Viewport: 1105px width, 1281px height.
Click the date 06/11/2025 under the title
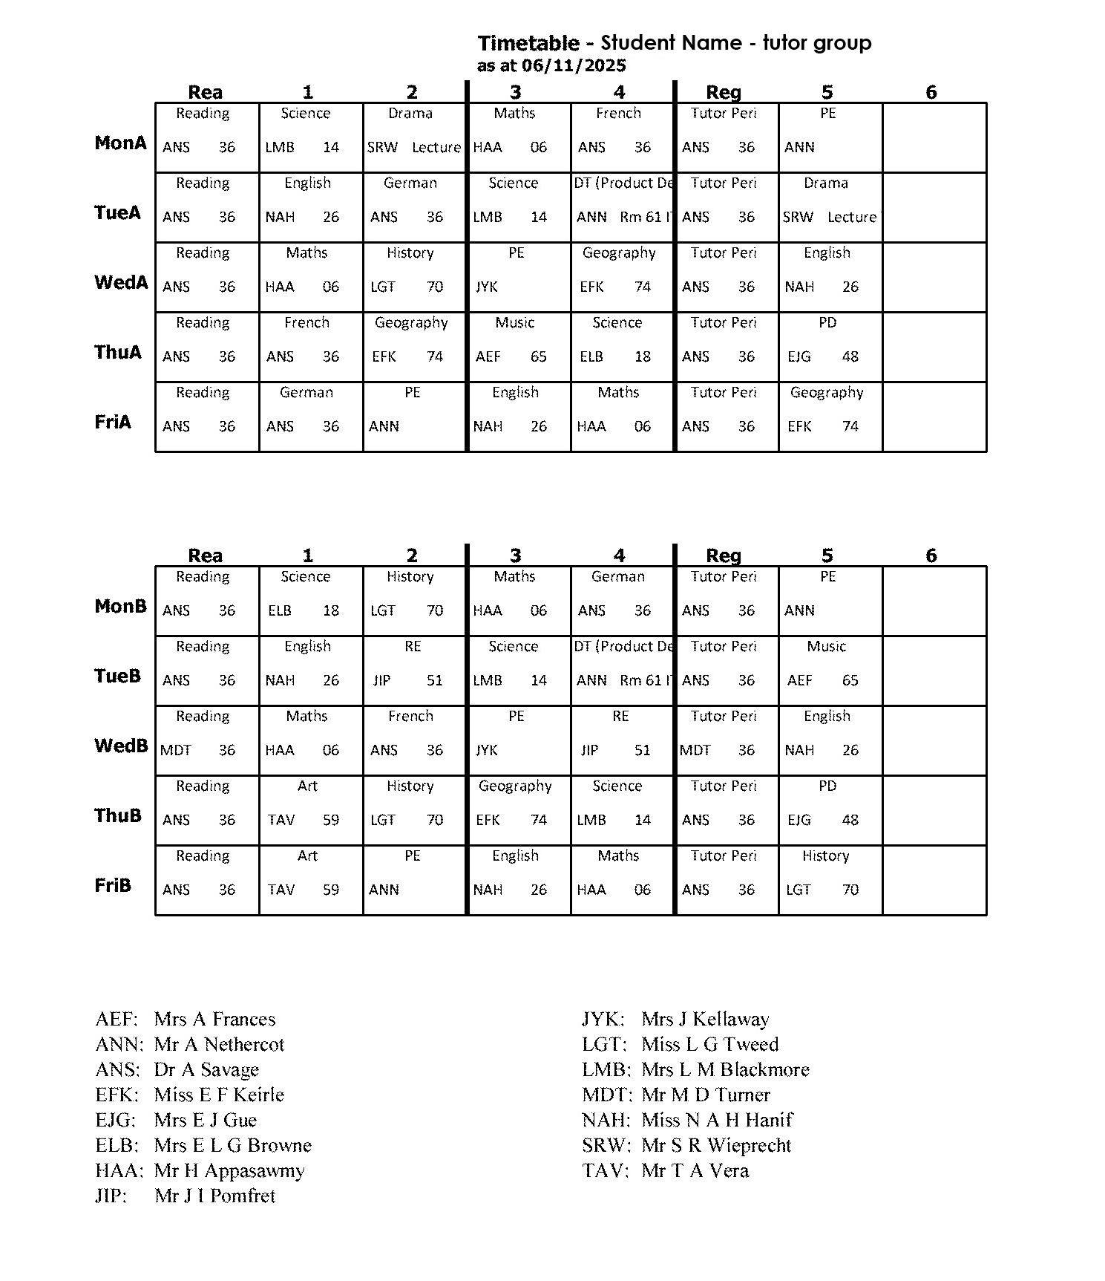(574, 65)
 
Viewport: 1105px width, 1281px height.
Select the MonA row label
(120, 143)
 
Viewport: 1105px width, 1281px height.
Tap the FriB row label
(113, 885)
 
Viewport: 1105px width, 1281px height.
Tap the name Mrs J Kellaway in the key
(705, 1019)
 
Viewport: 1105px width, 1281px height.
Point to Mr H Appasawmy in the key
(229, 1171)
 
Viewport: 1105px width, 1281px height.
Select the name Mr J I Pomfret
(215, 1196)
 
